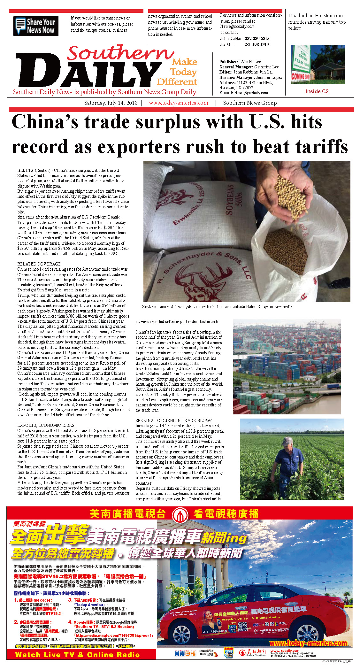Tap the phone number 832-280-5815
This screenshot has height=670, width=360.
[257, 38]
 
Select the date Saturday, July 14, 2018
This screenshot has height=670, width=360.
[111, 103]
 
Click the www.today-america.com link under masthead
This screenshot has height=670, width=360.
[178, 103]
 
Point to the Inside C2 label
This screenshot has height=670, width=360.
[317, 91]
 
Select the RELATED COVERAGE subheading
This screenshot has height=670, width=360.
[39, 264]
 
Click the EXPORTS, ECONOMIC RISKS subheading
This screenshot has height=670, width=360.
[46, 425]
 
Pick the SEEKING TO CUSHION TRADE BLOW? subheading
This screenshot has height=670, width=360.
[173, 420]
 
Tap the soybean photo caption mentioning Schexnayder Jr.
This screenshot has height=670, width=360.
[217, 306]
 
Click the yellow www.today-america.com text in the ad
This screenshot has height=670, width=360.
[308, 643]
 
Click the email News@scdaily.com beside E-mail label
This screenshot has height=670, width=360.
[251, 93]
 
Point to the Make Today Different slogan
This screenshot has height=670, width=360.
[178, 72]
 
